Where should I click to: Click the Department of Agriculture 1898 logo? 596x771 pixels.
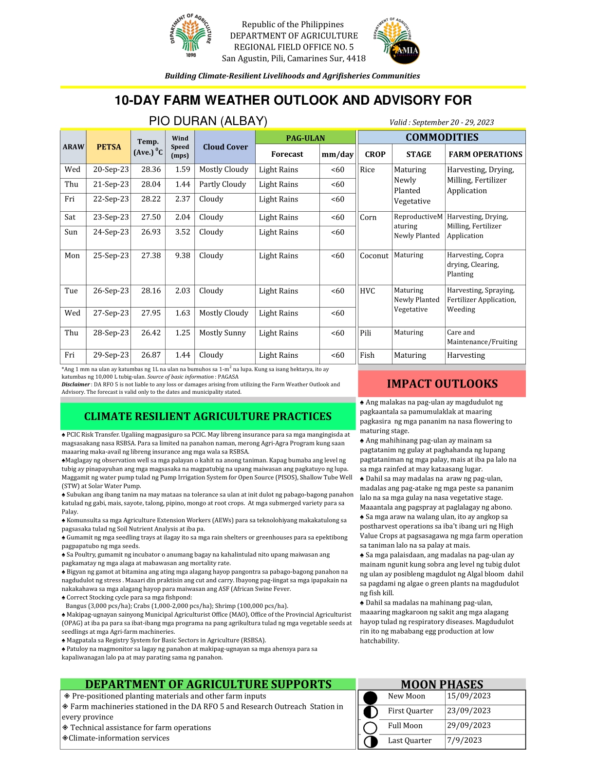[x=191, y=36]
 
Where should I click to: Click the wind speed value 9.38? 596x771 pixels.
[x=183, y=256]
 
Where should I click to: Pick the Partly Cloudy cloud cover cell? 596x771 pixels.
[x=223, y=184]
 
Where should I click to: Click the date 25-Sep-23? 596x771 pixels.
[x=111, y=256]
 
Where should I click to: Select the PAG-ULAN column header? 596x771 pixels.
[x=305, y=138]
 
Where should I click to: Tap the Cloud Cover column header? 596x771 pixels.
[x=225, y=147]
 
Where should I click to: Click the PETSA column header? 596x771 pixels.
[x=109, y=147]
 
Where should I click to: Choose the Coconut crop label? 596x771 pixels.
[x=374, y=256]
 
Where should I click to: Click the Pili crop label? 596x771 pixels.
[x=366, y=333]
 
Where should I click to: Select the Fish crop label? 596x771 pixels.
[x=367, y=355]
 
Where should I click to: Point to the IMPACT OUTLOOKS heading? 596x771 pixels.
[x=442, y=384]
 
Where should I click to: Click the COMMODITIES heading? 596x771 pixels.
[x=442, y=137]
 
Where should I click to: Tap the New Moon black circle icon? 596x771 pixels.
[x=371, y=698]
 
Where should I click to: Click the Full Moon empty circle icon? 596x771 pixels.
[x=371, y=728]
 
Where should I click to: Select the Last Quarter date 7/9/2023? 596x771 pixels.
[x=465, y=740]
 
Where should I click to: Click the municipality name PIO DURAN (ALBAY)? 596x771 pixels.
[x=208, y=121]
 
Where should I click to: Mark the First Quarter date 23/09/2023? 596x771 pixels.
[x=469, y=711]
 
